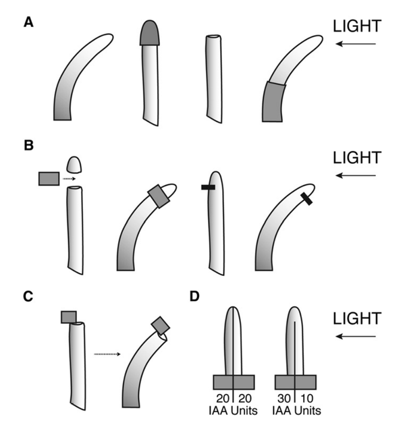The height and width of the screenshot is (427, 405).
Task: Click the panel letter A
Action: tap(28, 22)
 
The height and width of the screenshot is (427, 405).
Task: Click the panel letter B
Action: tap(28, 145)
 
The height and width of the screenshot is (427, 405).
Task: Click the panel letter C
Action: tap(28, 297)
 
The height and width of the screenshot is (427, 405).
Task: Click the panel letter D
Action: tap(194, 296)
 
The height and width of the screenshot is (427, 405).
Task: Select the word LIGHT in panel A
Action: tap(357, 26)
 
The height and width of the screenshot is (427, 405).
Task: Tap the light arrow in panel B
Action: tap(356, 175)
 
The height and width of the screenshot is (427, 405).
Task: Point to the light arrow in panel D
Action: tap(356, 337)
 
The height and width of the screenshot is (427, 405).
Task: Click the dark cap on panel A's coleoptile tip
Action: tap(150, 32)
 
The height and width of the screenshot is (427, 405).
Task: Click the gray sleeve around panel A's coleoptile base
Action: tap(273, 102)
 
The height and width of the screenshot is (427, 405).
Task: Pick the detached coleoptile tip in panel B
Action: tap(74, 165)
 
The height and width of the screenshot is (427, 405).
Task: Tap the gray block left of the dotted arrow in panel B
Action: tap(49, 179)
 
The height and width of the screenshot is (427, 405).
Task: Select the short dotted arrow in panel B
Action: tap(69, 179)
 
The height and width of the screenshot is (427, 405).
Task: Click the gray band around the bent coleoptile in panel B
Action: tap(159, 196)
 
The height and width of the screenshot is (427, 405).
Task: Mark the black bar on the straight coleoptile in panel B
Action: tap(208, 187)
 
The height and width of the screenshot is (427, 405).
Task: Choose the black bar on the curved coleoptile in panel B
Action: tap(306, 198)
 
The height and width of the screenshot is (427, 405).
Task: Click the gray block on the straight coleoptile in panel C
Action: tap(69, 317)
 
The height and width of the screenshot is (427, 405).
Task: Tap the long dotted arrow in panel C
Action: tap(107, 354)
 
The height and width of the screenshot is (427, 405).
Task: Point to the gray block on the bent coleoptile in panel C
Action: tap(161, 325)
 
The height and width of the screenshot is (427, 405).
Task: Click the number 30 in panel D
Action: tap(284, 399)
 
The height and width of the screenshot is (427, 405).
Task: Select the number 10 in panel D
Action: tap(307, 399)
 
